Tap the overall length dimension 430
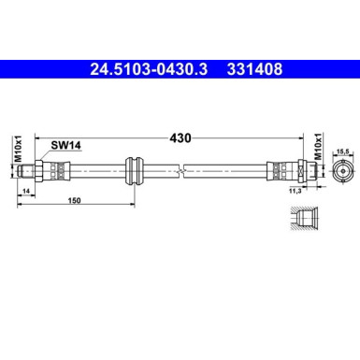coord(180,138)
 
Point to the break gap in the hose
coord(185,171)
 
